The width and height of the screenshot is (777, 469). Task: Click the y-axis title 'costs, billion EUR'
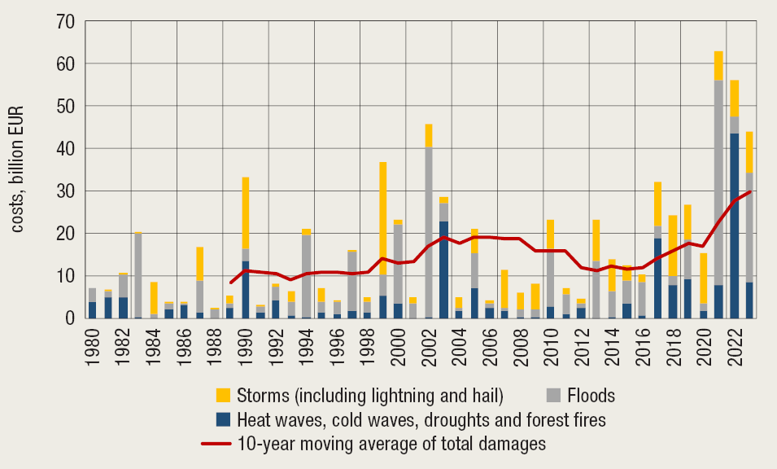18,169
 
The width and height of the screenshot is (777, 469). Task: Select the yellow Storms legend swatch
223,396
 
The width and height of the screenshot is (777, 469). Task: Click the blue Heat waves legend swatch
223,420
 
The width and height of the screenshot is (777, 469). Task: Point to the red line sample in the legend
216,444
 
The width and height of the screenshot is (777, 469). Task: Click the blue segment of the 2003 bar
444,270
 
